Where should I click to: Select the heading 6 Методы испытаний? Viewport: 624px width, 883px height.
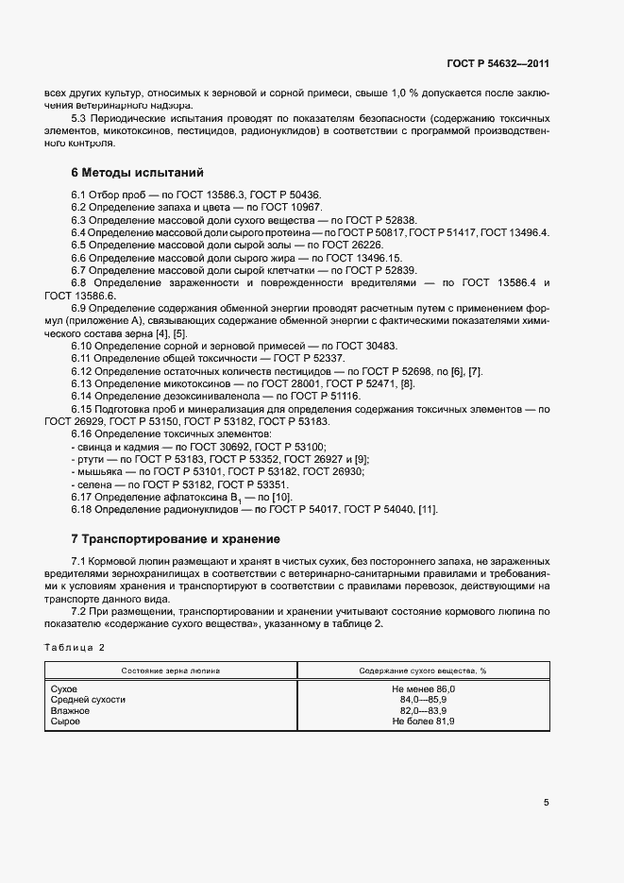point(137,173)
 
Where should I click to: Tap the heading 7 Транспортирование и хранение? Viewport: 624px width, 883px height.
point(176,539)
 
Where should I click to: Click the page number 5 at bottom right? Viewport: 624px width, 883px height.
point(547,803)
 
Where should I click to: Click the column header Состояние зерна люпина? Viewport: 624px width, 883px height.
point(171,670)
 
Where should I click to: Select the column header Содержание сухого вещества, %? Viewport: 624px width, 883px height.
point(422,670)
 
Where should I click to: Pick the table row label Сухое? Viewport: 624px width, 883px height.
point(64,689)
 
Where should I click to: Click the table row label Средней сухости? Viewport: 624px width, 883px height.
point(88,700)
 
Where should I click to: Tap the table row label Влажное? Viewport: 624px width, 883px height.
point(69,710)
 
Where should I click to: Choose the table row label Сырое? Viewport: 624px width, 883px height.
point(65,721)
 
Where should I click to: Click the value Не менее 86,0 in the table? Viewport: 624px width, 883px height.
point(423,689)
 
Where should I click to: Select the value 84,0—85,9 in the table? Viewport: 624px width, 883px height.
point(423,700)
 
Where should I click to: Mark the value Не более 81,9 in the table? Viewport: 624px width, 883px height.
point(423,721)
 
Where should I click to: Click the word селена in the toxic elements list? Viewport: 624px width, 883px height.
point(92,484)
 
